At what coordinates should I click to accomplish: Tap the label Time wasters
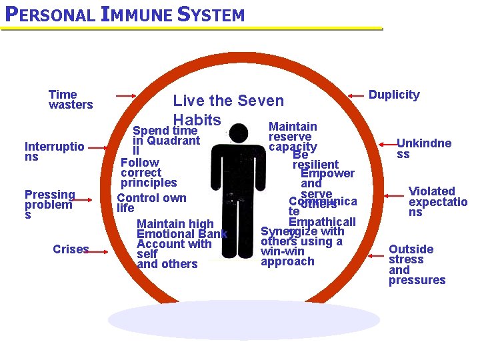tap(70, 99)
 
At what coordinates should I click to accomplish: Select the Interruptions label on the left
tap(54, 151)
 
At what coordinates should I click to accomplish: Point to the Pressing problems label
tap(49, 205)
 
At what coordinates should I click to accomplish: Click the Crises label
tap(70, 249)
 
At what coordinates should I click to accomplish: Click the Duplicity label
tap(394, 95)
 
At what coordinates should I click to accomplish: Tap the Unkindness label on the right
tap(423, 148)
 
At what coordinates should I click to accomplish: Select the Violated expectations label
tap(437, 201)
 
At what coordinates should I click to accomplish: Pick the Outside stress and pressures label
tap(417, 265)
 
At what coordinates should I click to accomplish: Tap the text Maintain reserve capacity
tap(293, 136)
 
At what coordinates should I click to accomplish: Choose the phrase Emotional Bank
tap(181, 234)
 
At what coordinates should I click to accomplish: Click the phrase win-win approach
tap(287, 257)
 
